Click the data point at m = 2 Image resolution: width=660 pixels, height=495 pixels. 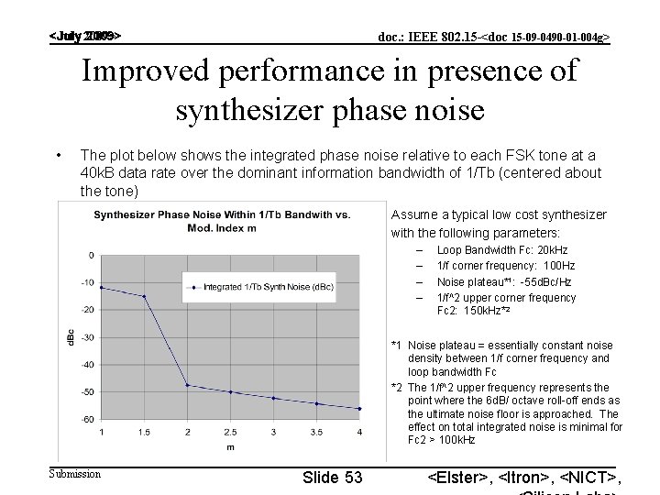[187, 385]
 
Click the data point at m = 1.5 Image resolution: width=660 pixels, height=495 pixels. [144, 296]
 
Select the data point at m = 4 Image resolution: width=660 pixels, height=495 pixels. [359, 408]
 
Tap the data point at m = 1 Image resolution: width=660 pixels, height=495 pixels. [101, 287]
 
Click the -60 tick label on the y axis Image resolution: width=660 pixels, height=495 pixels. [86, 419]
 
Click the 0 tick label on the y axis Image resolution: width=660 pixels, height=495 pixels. [90, 254]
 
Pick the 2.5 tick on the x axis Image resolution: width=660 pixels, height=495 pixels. [230, 431]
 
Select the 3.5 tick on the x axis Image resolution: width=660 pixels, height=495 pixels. [316, 431]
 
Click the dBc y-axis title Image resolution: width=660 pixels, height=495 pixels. [71, 336]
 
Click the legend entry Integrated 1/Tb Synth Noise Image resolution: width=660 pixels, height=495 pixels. [261, 287]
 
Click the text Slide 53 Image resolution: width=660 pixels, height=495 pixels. [331, 477]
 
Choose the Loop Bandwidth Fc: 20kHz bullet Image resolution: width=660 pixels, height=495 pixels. [501, 249]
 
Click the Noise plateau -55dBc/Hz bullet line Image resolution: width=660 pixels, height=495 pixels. [503, 281]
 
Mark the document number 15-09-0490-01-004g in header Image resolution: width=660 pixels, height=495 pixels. [548, 38]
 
